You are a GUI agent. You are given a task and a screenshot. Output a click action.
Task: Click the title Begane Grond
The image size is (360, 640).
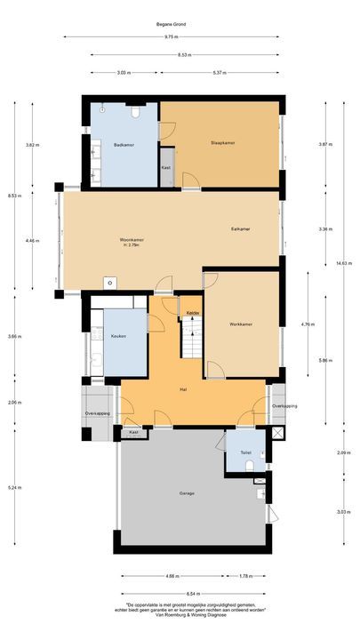(180, 24)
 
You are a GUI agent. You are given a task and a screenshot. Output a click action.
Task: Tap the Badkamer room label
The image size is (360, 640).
(124, 143)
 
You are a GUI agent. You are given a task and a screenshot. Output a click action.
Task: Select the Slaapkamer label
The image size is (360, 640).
(223, 143)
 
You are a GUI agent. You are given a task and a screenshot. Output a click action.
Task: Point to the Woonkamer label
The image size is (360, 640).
(132, 240)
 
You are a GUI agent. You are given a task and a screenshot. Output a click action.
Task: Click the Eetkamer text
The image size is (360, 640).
(240, 229)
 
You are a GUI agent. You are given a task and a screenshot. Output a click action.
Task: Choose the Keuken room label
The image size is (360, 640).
(118, 337)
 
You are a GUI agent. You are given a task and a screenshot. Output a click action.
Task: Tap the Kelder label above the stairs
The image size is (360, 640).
(193, 313)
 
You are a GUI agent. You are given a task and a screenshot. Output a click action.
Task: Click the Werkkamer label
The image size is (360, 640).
(240, 324)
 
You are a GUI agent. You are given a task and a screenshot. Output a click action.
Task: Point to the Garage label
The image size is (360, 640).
(186, 492)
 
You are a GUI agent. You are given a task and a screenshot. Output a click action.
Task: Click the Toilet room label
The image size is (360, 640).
(245, 452)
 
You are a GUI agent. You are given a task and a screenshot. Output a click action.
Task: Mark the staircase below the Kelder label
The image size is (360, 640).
(193, 338)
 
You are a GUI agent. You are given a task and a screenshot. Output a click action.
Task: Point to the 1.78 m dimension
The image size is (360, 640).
(246, 576)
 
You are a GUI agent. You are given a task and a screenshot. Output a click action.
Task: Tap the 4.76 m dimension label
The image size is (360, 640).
(308, 324)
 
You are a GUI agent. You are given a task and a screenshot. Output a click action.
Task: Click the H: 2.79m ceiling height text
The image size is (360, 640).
(132, 246)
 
